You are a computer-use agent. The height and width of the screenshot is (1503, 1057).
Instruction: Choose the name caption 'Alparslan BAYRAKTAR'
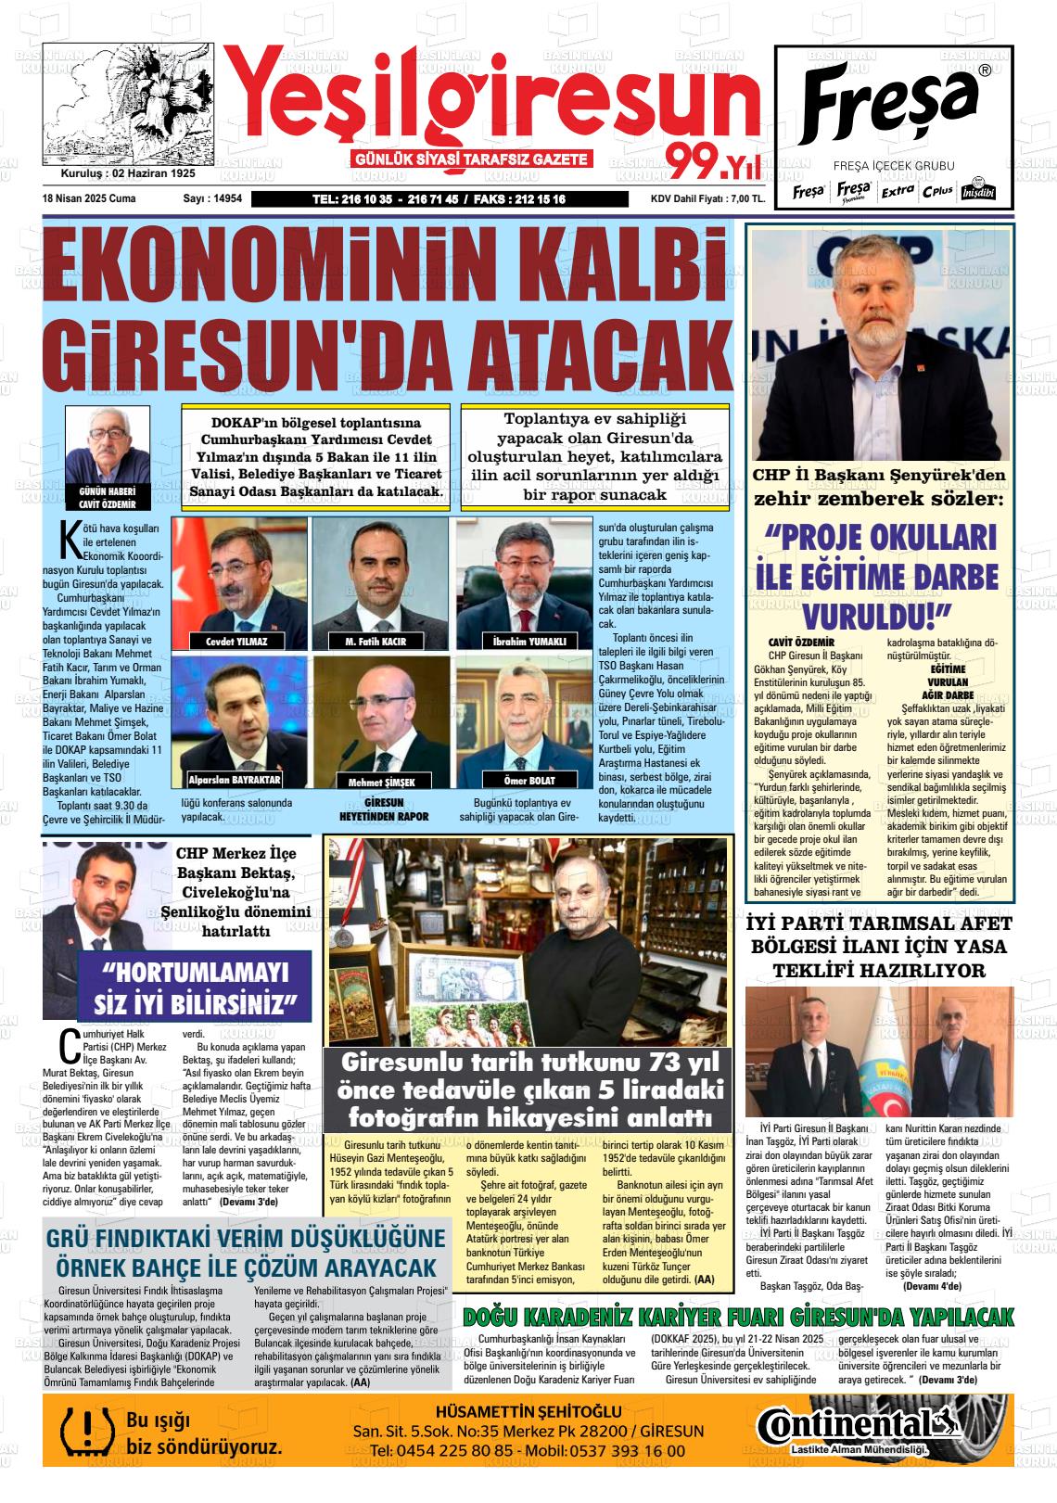(x=234, y=780)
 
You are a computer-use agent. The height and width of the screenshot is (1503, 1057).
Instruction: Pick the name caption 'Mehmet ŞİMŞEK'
(x=375, y=782)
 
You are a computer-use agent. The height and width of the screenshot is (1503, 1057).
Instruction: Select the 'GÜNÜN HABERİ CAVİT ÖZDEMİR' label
(x=108, y=498)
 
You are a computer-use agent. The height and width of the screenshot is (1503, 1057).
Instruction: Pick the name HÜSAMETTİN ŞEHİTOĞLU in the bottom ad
(x=528, y=1411)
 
